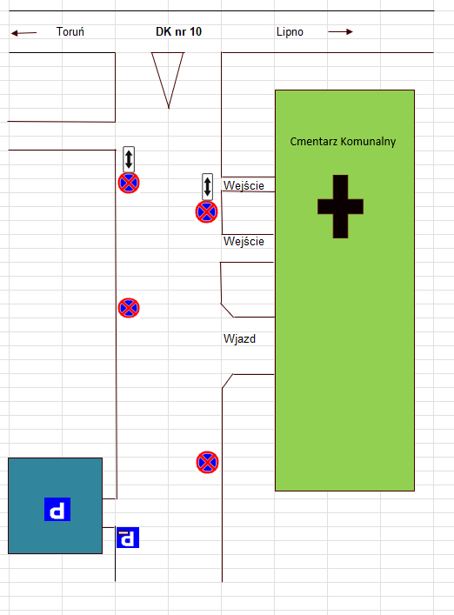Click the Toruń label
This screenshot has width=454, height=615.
70,32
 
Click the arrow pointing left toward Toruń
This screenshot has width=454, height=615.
23,33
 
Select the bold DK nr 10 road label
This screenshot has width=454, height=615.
179,32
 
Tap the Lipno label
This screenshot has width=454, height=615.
290,32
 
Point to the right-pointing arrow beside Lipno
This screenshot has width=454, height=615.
340,32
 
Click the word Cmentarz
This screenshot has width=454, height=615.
314,141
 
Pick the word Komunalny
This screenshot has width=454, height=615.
368,142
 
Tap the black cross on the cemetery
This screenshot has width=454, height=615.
340,206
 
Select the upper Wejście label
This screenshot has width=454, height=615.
244,185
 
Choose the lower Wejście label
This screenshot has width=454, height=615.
244,241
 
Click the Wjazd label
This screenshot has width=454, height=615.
239,338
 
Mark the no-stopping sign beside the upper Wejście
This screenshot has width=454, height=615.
207,212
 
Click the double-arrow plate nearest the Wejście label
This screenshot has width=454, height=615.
207,187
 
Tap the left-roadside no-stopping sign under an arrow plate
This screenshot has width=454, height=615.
129,183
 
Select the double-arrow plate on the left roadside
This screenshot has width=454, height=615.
129,159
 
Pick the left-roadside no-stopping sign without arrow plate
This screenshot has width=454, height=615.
129,308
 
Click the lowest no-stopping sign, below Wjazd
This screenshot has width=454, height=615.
207,463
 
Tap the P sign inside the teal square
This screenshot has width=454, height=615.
57,509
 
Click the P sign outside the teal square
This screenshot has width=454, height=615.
128,538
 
